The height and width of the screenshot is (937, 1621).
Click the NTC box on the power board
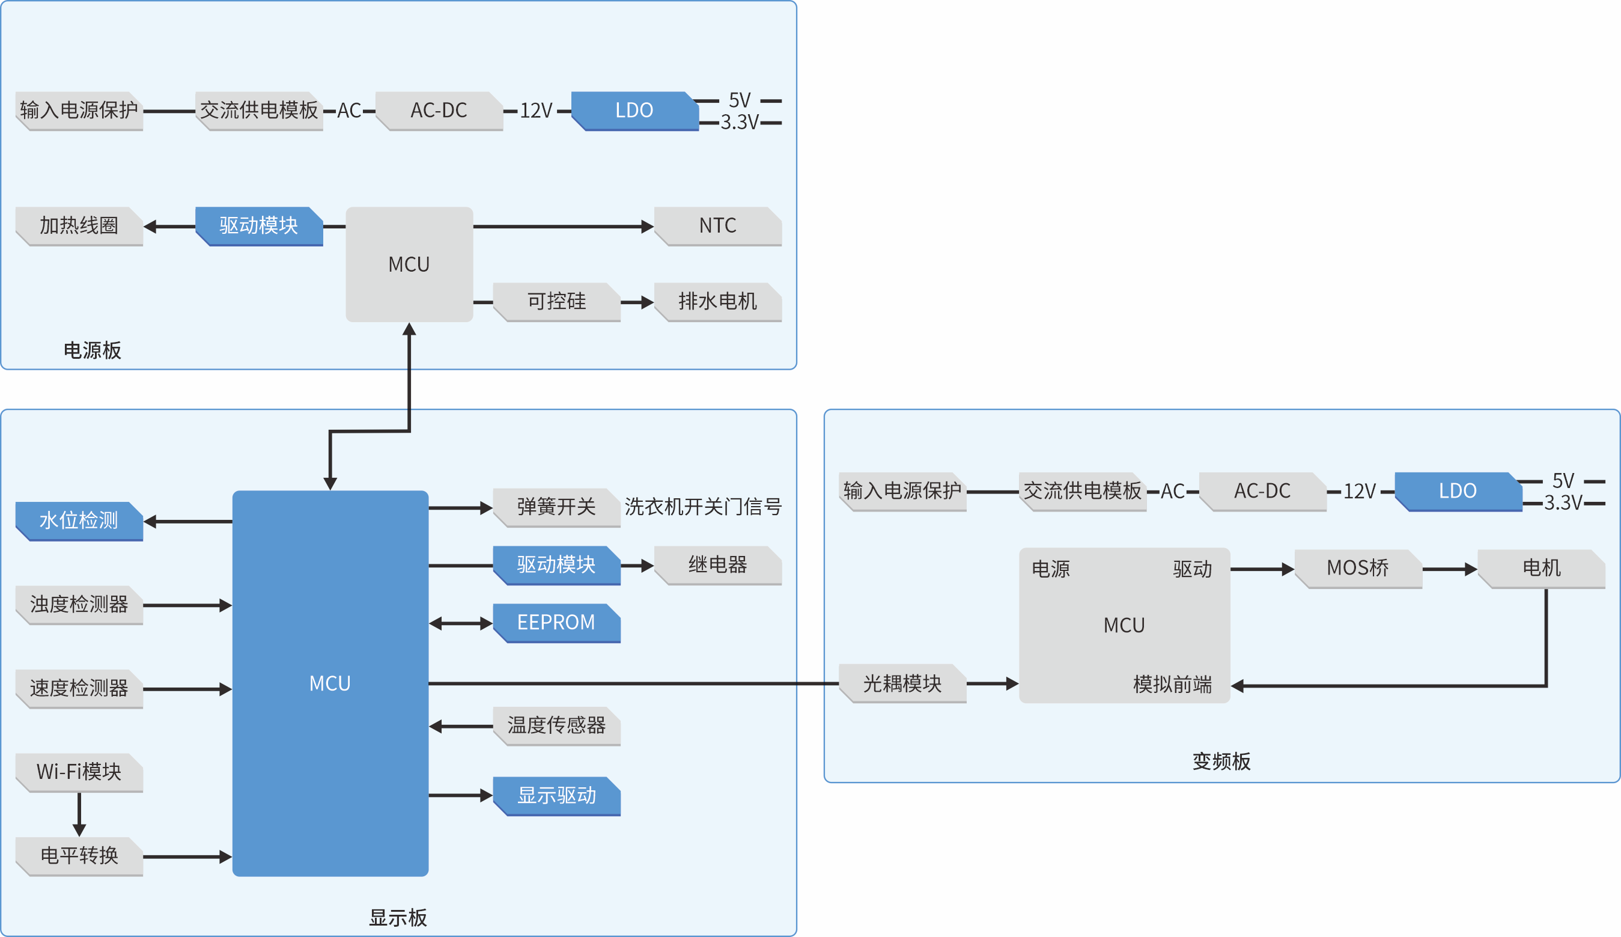pyautogui.click(x=718, y=226)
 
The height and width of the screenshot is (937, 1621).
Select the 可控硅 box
pyautogui.click(x=557, y=301)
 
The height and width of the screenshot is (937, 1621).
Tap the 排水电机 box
pyautogui.click(x=718, y=301)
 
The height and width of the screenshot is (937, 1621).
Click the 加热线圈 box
pyautogui.click(x=79, y=226)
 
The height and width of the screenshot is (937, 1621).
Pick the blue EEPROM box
pyautogui.click(x=557, y=622)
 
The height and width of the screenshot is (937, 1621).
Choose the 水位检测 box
pyautogui.click(x=79, y=520)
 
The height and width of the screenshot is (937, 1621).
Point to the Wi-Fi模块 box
pyautogui.click(x=79, y=772)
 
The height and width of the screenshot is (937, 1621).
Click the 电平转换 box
pyautogui.click(x=79, y=856)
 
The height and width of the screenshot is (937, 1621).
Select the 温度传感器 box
pyautogui.click(x=557, y=726)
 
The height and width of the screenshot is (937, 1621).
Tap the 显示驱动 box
pyautogui.click(x=557, y=796)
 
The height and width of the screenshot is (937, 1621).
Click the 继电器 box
pyautogui.click(x=718, y=565)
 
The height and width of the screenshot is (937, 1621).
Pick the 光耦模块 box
pyautogui.click(x=902, y=683)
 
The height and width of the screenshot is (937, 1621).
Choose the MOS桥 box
pyautogui.click(x=1358, y=568)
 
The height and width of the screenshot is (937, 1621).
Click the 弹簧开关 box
pyautogui.click(x=557, y=507)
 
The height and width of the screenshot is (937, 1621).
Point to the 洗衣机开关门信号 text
pyautogui.click(x=703, y=507)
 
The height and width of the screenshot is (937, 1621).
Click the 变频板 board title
pyautogui.click(x=1221, y=762)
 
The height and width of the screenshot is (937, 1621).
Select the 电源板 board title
pyautogui.click(x=92, y=351)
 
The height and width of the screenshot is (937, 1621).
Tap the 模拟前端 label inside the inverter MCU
pyautogui.click(x=1172, y=685)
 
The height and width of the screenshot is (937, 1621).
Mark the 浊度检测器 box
pyautogui.click(x=79, y=605)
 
